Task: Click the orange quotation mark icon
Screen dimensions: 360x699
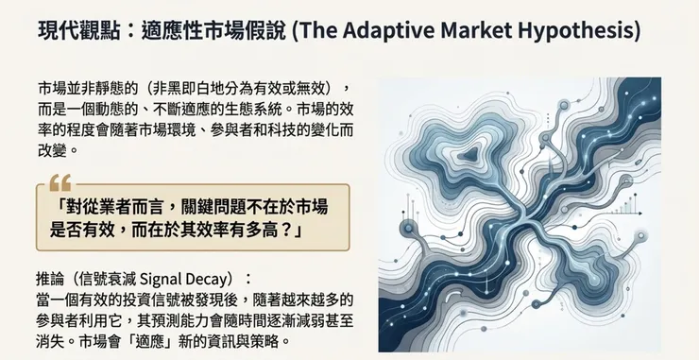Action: coord(60,180)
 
